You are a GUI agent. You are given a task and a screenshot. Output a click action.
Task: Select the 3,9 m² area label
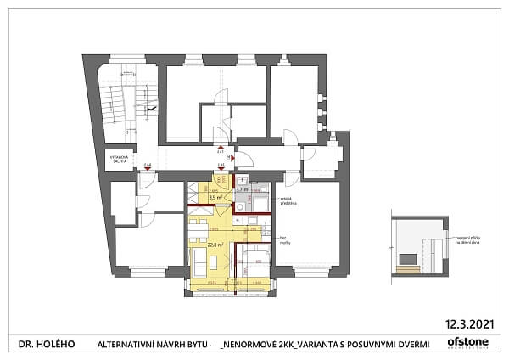point(215,197)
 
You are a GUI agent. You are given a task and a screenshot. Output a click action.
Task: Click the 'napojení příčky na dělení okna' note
point(464,242)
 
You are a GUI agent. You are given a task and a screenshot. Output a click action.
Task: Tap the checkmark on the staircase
point(151,110)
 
